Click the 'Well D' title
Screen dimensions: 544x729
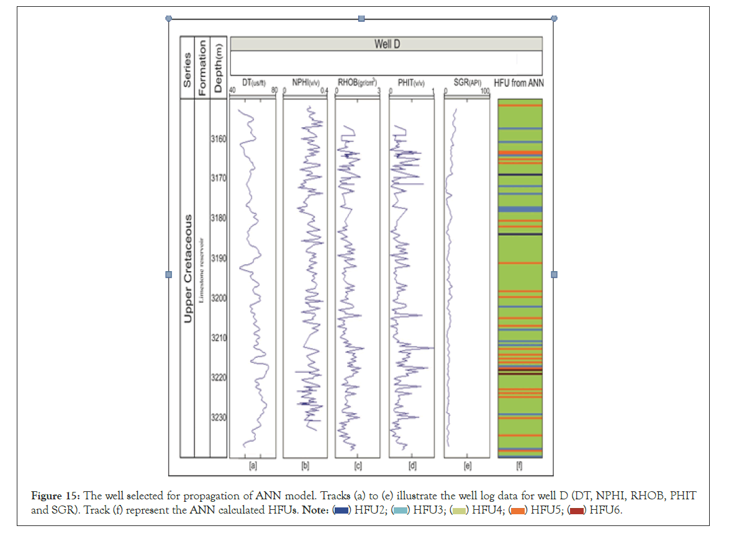pyautogui.click(x=386, y=43)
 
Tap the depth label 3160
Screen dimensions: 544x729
pyautogui.click(x=219, y=139)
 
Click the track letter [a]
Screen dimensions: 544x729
pyautogui.click(x=253, y=466)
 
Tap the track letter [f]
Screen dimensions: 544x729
pyautogui.click(x=520, y=466)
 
